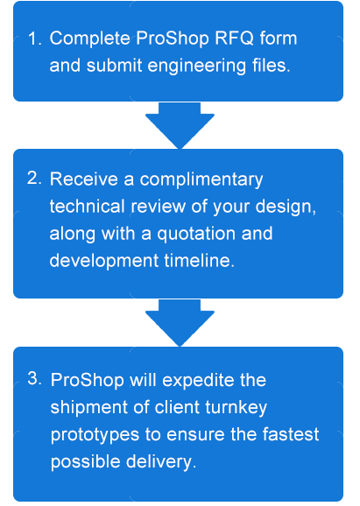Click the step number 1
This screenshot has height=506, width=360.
click(34, 39)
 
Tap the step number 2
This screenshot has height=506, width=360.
click(34, 178)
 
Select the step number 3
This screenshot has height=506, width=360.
click(34, 378)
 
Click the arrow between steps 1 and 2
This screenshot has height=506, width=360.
click(180, 125)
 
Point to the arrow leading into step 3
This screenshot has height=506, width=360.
click(180, 323)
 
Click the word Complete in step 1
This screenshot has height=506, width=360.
click(89, 39)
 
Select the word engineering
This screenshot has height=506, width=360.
click(196, 66)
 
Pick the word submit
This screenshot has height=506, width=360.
click(114, 65)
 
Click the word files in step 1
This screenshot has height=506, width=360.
click(272, 65)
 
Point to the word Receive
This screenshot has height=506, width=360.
click(84, 179)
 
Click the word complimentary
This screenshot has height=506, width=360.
click(201, 179)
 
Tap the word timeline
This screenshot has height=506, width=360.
click(199, 260)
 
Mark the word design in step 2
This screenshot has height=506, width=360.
click(286, 207)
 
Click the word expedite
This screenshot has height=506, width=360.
click(198, 380)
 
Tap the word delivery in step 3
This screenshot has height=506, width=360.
click(161, 461)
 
